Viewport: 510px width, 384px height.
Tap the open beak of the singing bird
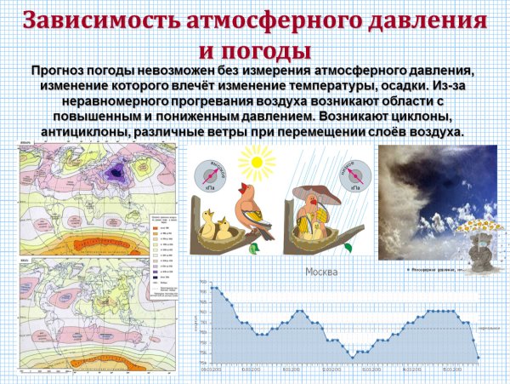pos(246,189)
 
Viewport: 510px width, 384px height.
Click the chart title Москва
pos(321,272)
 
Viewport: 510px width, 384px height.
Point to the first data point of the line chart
pos(212,288)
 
